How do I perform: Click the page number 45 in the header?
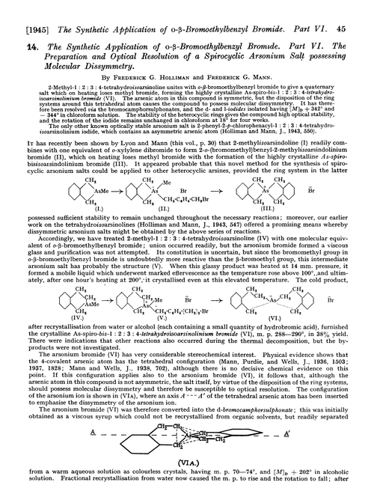(x=355, y=9)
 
